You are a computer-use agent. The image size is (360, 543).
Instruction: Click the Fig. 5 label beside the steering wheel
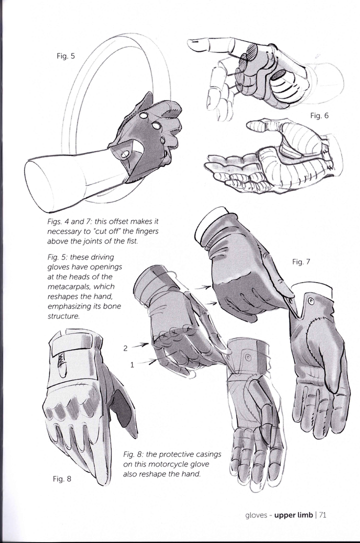point(65,56)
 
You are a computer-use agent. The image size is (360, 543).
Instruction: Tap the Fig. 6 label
point(319,115)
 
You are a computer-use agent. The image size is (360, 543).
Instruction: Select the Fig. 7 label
point(301,262)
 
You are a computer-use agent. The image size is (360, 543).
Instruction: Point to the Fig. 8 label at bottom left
point(62,479)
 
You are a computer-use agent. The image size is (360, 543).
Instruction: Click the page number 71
point(322,515)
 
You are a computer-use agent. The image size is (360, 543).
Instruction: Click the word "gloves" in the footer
point(256,515)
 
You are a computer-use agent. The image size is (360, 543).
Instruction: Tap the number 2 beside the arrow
point(125,348)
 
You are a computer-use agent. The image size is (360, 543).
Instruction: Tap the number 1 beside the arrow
point(132,364)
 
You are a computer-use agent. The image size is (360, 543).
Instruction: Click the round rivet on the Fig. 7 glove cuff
point(310,301)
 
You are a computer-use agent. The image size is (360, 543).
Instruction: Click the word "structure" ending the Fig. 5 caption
point(62,316)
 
